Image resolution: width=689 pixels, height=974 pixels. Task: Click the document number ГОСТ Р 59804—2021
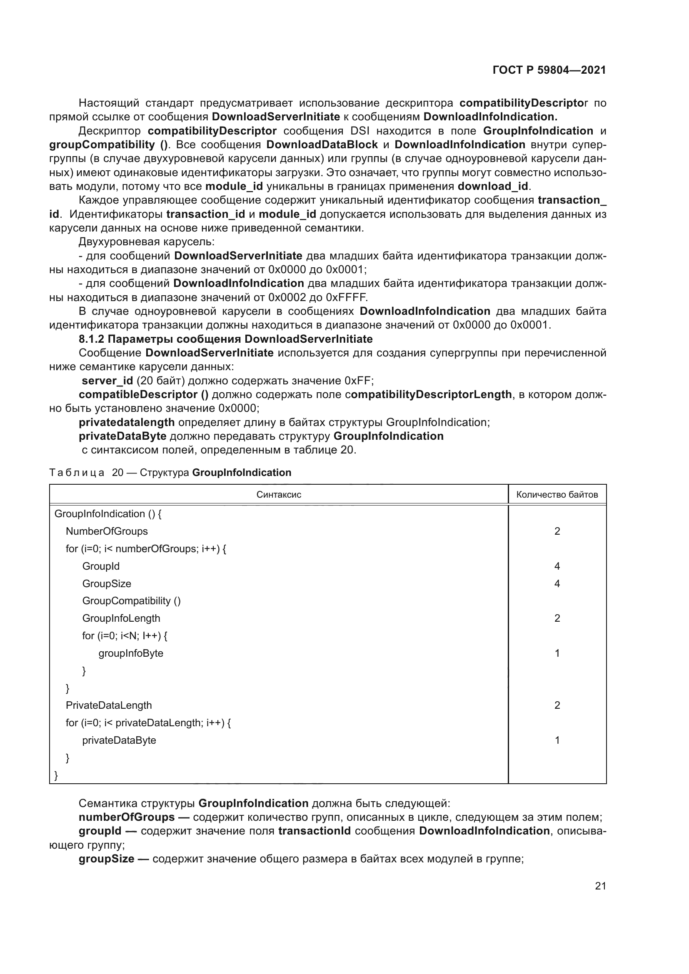pos(549,70)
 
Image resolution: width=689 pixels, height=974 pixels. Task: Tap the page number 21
pos(600,886)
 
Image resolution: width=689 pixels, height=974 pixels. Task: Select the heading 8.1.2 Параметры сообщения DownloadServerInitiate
pos(225,339)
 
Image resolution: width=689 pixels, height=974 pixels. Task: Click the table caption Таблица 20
pos(170,473)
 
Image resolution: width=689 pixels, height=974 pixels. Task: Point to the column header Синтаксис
pos(279,495)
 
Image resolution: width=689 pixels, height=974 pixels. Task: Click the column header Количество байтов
pos(557,495)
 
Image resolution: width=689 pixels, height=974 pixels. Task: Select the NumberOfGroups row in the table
pos(107,531)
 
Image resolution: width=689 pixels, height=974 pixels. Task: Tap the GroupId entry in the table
pos(101,566)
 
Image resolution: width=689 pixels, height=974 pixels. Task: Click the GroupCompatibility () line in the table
pos(131,601)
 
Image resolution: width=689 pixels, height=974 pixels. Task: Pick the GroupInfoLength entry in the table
pos(121,618)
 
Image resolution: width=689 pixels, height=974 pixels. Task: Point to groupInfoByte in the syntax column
pos(131,653)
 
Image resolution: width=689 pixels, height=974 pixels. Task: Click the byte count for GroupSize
pos(557,584)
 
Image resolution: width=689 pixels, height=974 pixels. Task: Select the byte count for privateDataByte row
pos(557,740)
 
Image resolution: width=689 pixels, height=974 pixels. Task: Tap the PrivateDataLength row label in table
pos(109,705)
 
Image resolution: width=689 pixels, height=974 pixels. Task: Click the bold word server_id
pos(107,381)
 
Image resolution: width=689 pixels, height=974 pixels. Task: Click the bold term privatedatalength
pos(127,422)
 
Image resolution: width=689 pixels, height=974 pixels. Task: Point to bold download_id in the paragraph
pos(492,186)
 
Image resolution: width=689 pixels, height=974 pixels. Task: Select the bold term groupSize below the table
pos(106,859)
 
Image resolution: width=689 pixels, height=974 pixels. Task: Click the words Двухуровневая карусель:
pos(146,242)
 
